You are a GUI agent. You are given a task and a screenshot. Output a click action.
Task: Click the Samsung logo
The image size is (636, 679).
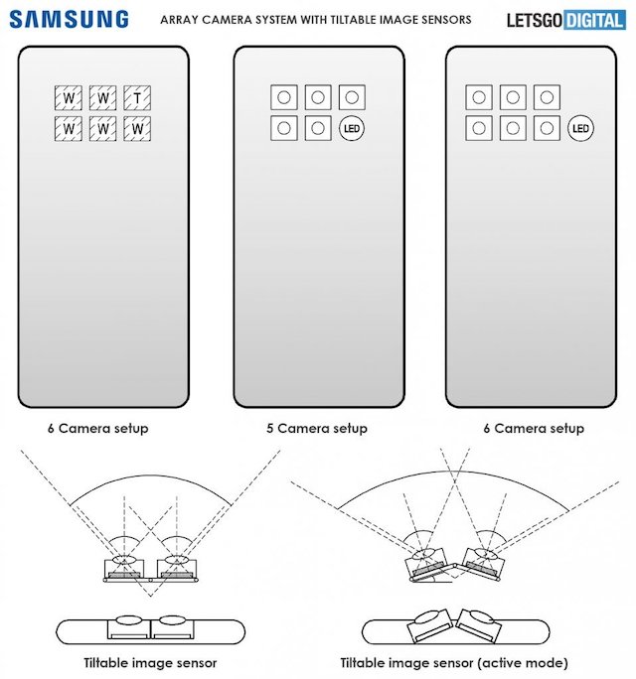pyautogui.click(x=69, y=20)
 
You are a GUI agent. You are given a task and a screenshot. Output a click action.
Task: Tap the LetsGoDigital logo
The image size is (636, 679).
pyautogui.click(x=566, y=21)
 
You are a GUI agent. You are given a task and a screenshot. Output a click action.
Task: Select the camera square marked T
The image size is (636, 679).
pyautogui.click(x=137, y=98)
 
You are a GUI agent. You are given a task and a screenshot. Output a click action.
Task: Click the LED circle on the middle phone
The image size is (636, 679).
pyautogui.click(x=352, y=128)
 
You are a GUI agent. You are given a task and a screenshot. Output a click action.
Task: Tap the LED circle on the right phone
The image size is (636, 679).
pyautogui.click(x=580, y=128)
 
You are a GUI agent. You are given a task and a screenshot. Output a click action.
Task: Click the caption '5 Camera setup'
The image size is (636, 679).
pyautogui.click(x=317, y=428)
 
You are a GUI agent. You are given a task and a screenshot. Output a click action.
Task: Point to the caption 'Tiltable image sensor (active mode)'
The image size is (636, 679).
pyautogui.click(x=454, y=663)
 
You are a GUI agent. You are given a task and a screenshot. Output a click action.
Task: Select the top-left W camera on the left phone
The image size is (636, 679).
pyautogui.click(x=69, y=98)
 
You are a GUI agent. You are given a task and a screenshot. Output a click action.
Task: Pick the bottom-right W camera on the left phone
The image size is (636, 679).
pyautogui.click(x=137, y=129)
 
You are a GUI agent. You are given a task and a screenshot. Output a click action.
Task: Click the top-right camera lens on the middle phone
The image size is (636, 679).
pyautogui.click(x=352, y=97)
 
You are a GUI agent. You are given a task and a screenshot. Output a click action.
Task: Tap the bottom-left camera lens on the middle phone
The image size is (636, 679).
pyautogui.click(x=284, y=128)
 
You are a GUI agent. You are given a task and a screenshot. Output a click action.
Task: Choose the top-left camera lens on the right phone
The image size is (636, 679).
pyautogui.click(x=479, y=97)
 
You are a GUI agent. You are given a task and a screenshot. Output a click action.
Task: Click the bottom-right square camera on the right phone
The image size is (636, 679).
pyautogui.click(x=547, y=128)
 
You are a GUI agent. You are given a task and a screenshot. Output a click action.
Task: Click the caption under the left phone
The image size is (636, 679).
pyautogui.click(x=98, y=428)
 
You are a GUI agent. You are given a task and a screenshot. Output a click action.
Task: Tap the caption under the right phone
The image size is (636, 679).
pyautogui.click(x=534, y=428)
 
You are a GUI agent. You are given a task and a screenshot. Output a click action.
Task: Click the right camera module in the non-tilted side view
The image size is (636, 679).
pyautogui.click(x=173, y=628)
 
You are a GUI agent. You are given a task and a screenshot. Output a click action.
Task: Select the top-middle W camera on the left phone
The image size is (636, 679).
pyautogui.click(x=102, y=98)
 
